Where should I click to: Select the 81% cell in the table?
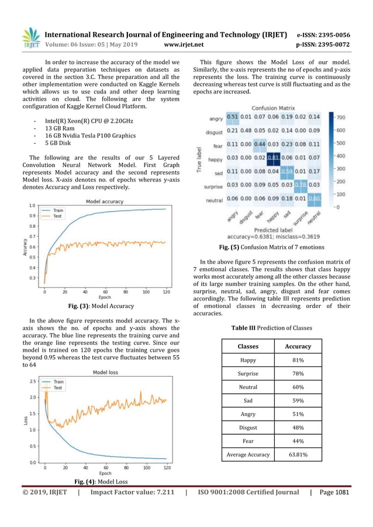pyautogui.click(x=298, y=361)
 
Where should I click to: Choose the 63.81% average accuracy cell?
pyautogui.click(x=298, y=454)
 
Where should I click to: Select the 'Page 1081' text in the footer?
pyautogui.click(x=334, y=493)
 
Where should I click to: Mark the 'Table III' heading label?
pyautogui.click(x=246, y=328)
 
